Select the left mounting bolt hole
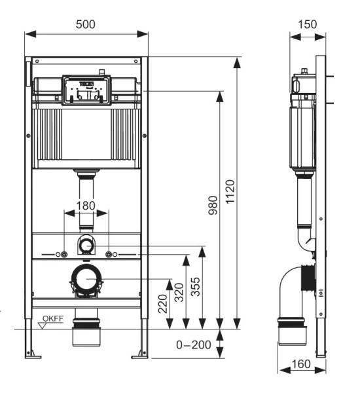tap(62, 253)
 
